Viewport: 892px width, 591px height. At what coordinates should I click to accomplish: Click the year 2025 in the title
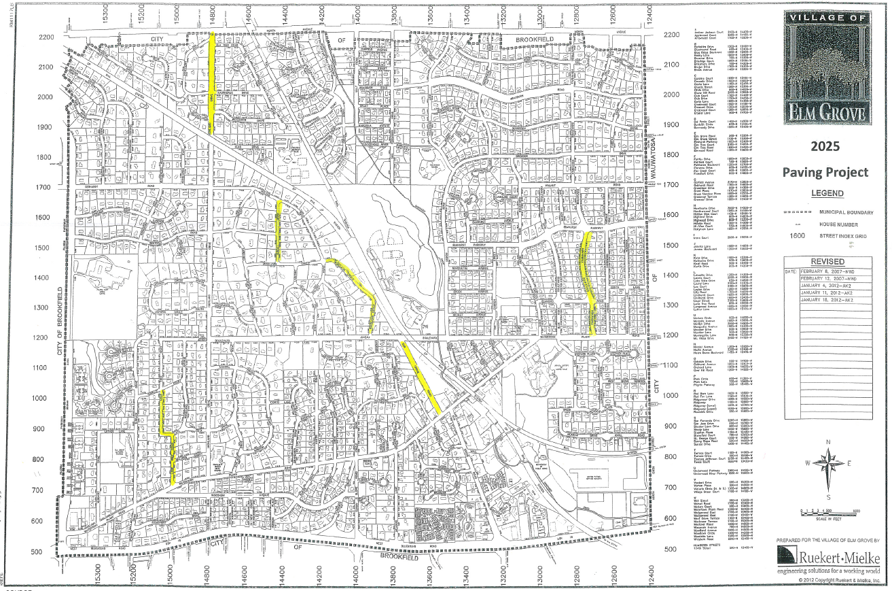(825, 146)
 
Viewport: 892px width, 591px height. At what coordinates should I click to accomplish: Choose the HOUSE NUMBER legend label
(836, 224)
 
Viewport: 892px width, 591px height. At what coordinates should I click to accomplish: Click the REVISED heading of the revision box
(827, 262)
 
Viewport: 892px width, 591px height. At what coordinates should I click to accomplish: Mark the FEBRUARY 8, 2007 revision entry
(820, 271)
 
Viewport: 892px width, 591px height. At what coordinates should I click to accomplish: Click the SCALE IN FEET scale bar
(827, 511)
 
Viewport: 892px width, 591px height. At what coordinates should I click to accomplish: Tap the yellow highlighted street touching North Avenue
(213, 82)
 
